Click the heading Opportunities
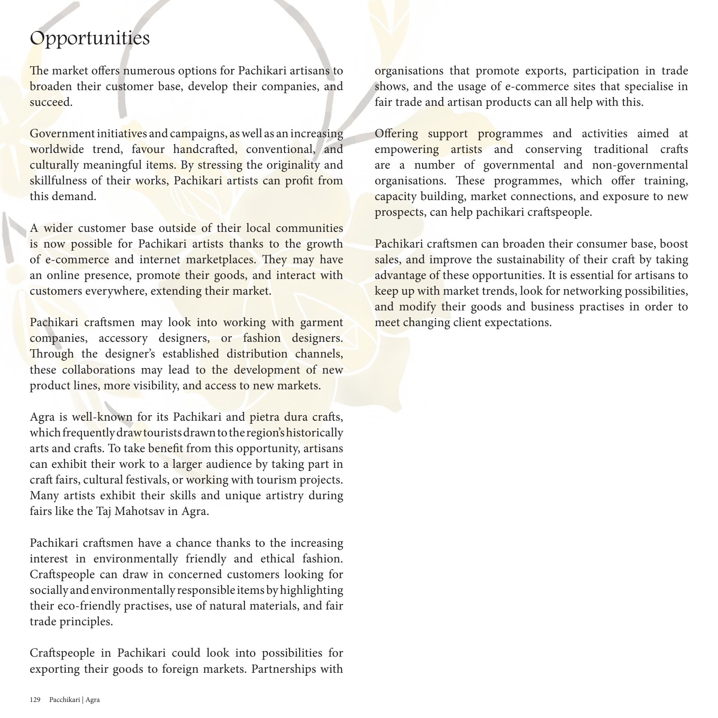click(x=90, y=39)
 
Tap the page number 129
click(x=35, y=700)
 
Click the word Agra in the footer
click(x=92, y=700)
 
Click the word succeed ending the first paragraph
click(x=50, y=102)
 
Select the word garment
click(x=322, y=322)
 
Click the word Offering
click(x=396, y=134)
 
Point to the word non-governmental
click(x=640, y=165)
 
